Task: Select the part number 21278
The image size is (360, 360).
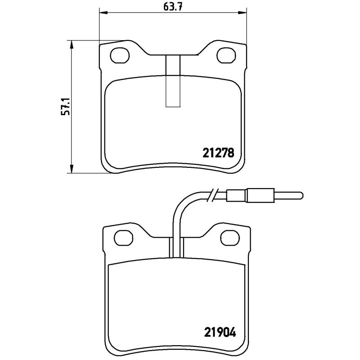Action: pyautogui.click(x=217, y=153)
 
